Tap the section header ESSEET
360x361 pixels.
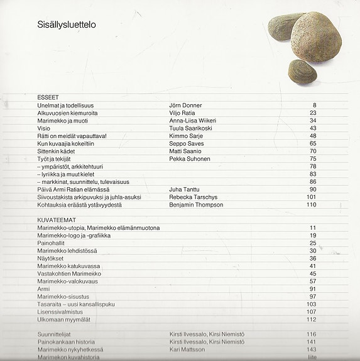coord(48,98)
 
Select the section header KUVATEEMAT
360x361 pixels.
coord(55,220)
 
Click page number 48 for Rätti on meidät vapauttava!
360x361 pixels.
coord(312,136)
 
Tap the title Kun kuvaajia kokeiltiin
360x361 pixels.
coord(68,143)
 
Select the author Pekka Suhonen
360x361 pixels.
coord(190,159)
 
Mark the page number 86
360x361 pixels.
coord(312,181)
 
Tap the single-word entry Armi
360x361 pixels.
coord(43,289)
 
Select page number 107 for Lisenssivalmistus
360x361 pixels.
coord(311,311)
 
